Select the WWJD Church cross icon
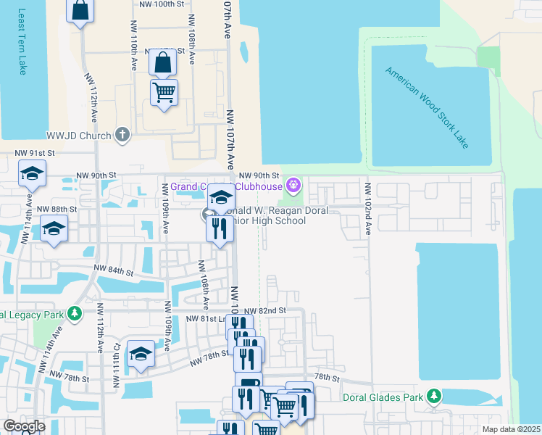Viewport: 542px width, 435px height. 122,135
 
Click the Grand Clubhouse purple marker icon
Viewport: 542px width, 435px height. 293,186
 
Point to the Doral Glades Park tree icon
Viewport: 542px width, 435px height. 433,397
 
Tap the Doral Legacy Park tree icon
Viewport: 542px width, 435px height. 74,314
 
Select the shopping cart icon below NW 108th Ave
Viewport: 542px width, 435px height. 164,92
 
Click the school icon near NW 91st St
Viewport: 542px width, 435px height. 32,173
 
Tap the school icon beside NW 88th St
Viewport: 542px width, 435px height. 54,228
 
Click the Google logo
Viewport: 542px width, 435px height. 24,426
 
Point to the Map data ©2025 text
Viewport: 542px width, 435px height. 511,429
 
